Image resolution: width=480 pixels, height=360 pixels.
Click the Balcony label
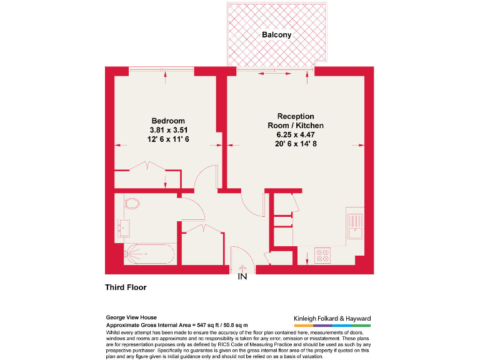(276, 35)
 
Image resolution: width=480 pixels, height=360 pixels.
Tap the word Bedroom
(168, 121)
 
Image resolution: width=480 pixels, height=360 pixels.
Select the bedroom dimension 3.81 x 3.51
(168, 130)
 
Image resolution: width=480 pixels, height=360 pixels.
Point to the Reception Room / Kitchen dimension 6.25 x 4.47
(296, 134)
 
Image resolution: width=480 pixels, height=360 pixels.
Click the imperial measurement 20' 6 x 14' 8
(296, 144)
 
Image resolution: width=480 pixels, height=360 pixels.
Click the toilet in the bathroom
(131, 204)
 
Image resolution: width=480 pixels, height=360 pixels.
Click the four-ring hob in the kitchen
(322, 255)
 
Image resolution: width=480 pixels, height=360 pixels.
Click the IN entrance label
(242, 277)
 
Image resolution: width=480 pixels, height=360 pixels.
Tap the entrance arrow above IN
(242, 268)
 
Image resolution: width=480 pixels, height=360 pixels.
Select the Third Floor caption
(126, 288)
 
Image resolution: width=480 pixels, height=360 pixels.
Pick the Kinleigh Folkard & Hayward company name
(332, 317)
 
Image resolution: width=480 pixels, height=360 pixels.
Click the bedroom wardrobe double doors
(148, 167)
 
